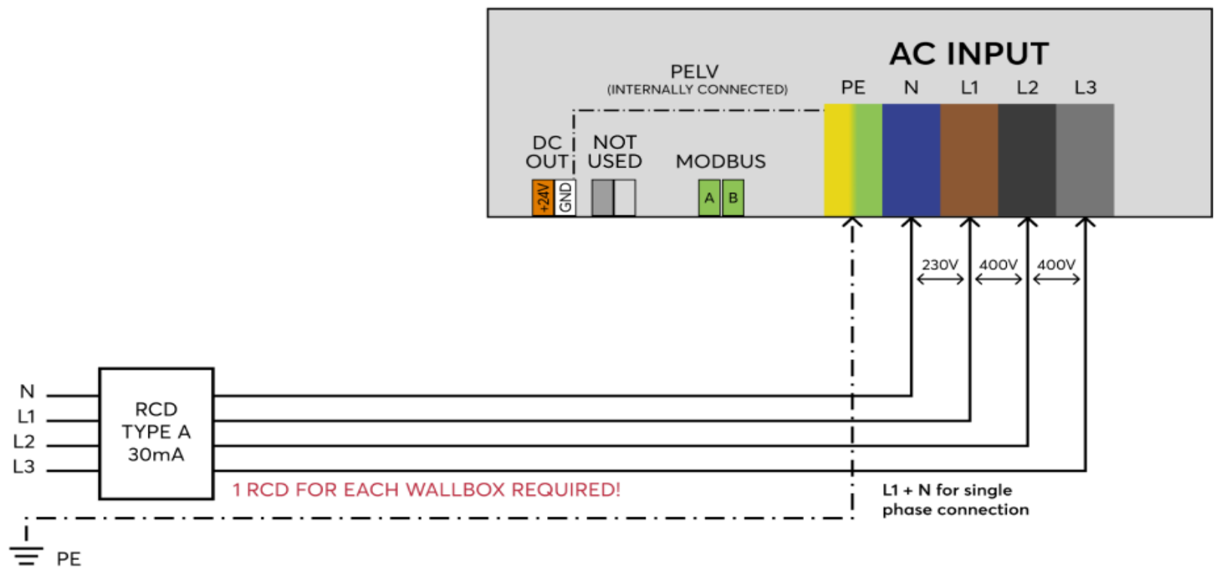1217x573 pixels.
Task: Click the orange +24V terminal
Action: coord(543,198)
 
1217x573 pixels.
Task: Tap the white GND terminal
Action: coord(565,198)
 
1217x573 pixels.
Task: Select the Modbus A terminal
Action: coord(709,198)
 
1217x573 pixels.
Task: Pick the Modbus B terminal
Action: coord(732,198)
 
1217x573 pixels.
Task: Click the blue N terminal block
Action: coord(911,160)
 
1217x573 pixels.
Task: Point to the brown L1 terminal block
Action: coord(969,160)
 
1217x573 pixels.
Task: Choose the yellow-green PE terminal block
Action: coord(853,160)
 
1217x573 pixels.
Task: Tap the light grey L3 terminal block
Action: coord(1085,160)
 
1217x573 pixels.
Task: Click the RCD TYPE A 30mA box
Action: coord(156,433)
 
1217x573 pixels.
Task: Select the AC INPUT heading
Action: coord(969,54)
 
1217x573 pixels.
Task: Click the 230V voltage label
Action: coord(940,265)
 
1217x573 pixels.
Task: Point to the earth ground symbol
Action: coord(26,556)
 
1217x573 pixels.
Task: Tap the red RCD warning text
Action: coord(427,490)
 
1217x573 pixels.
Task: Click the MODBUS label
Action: coord(720,162)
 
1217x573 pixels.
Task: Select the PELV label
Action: coord(695,72)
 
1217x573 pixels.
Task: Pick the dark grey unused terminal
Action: coord(602,198)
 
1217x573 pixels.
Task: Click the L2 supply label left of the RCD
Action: coord(24,442)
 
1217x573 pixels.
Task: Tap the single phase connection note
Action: coord(956,500)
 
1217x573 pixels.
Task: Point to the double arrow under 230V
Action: coord(940,279)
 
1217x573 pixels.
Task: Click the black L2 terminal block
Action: coord(1027,160)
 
